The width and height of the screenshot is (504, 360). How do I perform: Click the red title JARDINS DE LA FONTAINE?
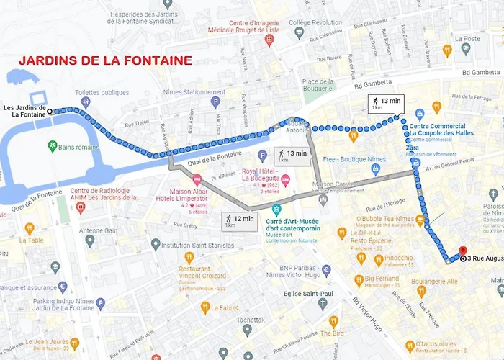point(104,61)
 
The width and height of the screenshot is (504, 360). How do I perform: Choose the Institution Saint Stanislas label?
point(199,246)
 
